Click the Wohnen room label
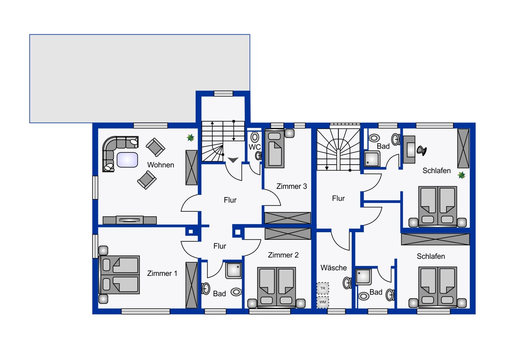point(161,165)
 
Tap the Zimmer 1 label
point(162,273)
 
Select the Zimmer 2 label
point(283,255)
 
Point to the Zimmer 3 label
point(291,186)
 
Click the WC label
point(255,147)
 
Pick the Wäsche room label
point(333,268)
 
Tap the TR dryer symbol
point(323,288)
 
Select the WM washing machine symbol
point(323,302)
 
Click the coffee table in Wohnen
point(127,160)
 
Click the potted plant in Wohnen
point(190,138)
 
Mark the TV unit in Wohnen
point(129,220)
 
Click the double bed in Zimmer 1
point(119,275)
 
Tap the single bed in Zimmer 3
point(274,149)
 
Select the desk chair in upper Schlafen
point(422,151)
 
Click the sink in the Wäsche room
point(347,283)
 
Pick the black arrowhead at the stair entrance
point(233,160)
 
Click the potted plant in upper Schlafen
point(461,175)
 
